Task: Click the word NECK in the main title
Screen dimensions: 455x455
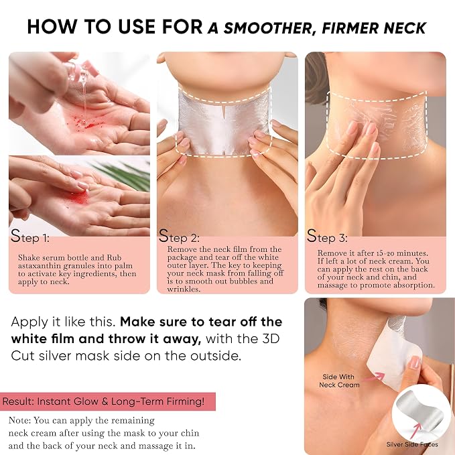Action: pyautogui.click(x=405, y=28)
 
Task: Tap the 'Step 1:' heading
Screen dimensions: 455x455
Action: pyautogui.click(x=30, y=237)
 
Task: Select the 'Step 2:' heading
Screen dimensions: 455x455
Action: pyautogui.click(x=179, y=236)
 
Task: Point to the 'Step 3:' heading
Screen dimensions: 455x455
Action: pyautogui.click(x=327, y=236)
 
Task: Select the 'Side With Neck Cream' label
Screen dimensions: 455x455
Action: pyautogui.click(x=339, y=381)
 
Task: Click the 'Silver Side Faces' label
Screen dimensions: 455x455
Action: pyautogui.click(x=412, y=444)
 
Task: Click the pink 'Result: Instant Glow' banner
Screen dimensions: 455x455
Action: pyautogui.click(x=108, y=401)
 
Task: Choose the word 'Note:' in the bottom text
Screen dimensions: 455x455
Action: pyautogui.click(x=19, y=420)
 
